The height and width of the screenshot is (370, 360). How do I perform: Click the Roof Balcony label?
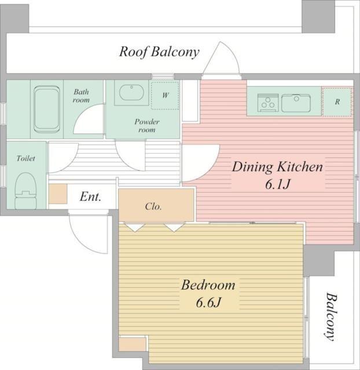point(159,52)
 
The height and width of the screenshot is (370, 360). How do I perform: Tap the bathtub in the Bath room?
point(46,109)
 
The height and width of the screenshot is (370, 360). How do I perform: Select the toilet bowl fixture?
point(25,191)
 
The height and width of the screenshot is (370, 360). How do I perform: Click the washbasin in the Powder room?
point(131,92)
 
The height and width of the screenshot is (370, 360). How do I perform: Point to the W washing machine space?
point(165,95)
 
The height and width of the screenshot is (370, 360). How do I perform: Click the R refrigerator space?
point(337,102)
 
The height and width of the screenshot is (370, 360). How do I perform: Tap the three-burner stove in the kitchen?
point(268,103)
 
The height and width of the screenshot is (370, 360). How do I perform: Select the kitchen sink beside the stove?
point(296,103)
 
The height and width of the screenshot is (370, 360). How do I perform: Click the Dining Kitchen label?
point(277,167)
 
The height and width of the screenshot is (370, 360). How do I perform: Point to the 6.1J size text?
point(277,184)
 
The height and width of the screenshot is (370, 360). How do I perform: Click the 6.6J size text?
point(208,302)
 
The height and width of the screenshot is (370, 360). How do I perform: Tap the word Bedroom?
point(208,285)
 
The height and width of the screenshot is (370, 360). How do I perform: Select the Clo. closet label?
point(153,206)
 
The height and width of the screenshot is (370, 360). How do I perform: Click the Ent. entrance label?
point(90,197)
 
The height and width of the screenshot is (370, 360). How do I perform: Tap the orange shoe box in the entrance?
point(58,194)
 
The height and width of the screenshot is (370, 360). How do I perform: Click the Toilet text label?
point(25,158)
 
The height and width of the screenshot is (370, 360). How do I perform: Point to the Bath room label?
point(81,96)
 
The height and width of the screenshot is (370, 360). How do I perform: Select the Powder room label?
point(147,126)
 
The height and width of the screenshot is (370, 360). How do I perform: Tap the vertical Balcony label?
point(330,317)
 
